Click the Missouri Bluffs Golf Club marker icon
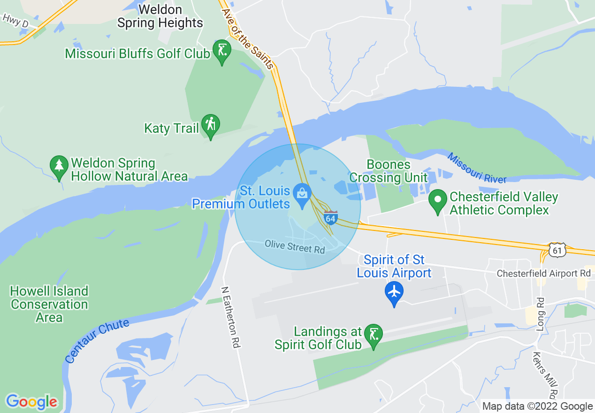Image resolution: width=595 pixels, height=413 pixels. pyautogui.click(x=222, y=50)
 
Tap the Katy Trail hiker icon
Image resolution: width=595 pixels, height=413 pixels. pyautogui.click(x=211, y=125)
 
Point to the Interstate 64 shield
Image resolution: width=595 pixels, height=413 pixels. pyautogui.click(x=330, y=218)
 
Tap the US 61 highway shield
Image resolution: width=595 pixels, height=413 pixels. pyautogui.click(x=557, y=250)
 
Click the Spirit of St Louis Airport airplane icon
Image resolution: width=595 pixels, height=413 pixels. pyautogui.click(x=394, y=292)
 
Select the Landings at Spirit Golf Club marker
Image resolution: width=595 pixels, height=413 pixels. pyautogui.click(x=374, y=335)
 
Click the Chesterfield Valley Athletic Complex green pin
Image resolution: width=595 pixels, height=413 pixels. pyautogui.click(x=438, y=200)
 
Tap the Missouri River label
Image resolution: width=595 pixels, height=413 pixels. pyautogui.click(x=476, y=168)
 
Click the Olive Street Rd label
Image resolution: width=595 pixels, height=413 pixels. pyautogui.click(x=295, y=247)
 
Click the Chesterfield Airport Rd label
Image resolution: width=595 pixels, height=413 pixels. pyautogui.click(x=543, y=273)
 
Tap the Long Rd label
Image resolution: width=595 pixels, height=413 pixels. pyautogui.click(x=540, y=314)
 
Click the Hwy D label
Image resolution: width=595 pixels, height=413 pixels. pyautogui.click(x=15, y=21)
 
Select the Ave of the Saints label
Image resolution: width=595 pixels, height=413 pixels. pyautogui.click(x=247, y=38)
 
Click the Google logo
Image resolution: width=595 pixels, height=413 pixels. pyautogui.click(x=31, y=402)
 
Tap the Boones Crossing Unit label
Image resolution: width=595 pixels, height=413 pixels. pyautogui.click(x=389, y=171)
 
